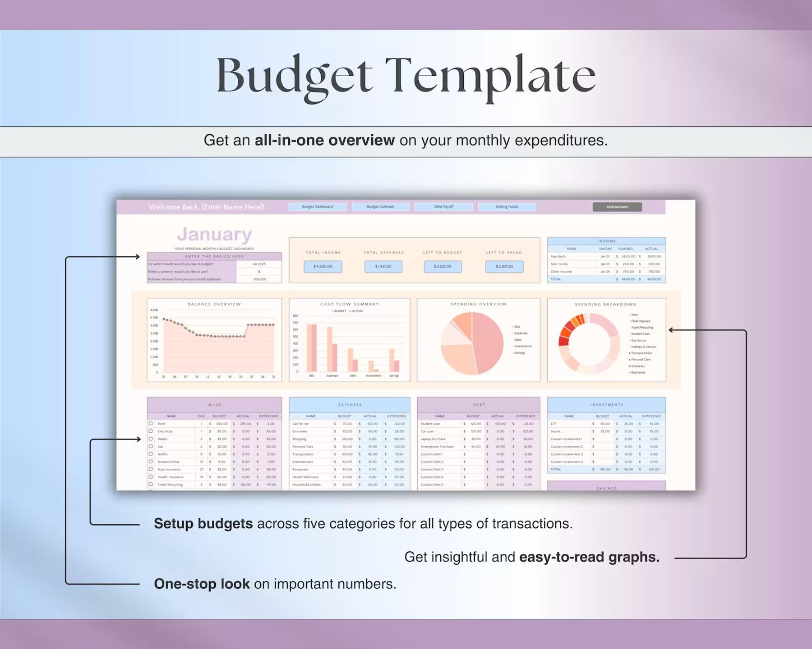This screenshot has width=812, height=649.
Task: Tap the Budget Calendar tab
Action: pyautogui.click(x=380, y=207)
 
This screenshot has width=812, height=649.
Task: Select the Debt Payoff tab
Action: pyautogui.click(x=443, y=207)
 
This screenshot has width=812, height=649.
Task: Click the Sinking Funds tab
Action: pyautogui.click(x=507, y=207)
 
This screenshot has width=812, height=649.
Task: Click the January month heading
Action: pyautogui.click(x=214, y=234)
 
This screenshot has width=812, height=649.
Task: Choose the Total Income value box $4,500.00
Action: pyautogui.click(x=323, y=266)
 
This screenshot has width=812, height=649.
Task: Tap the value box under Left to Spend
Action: pyautogui.click(x=504, y=266)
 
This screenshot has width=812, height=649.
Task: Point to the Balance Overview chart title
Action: pyautogui.click(x=214, y=304)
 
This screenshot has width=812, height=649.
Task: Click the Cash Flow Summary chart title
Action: pyautogui.click(x=350, y=304)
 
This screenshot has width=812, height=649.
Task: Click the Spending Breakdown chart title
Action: pyautogui.click(x=606, y=305)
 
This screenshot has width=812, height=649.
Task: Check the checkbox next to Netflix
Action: pyautogui.click(x=151, y=454)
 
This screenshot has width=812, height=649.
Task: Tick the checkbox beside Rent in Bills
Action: pyautogui.click(x=151, y=424)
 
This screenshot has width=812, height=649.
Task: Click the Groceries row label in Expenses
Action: pyautogui.click(x=300, y=431)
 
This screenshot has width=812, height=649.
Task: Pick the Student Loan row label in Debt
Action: pyautogui.click(x=430, y=424)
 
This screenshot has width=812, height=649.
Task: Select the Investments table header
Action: pyautogui.click(x=606, y=405)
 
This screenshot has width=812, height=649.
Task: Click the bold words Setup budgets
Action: pyautogui.click(x=203, y=524)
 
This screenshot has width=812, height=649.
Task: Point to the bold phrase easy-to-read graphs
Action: pyautogui.click(x=589, y=557)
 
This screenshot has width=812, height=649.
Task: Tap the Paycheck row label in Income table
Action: pyautogui.click(x=558, y=256)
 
